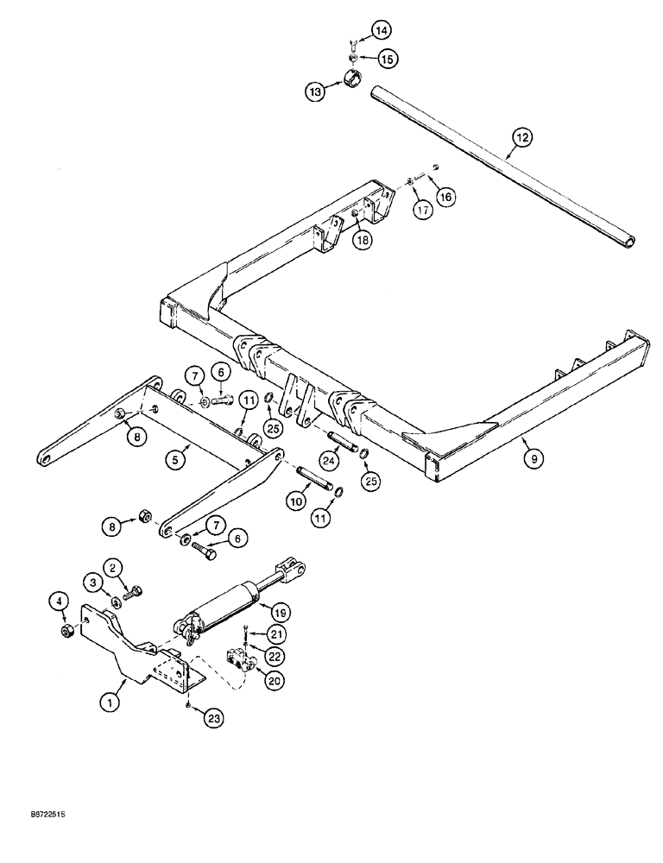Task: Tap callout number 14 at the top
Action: coord(381,30)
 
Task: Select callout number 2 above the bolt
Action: coord(112,567)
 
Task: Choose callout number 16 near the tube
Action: coord(445,197)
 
